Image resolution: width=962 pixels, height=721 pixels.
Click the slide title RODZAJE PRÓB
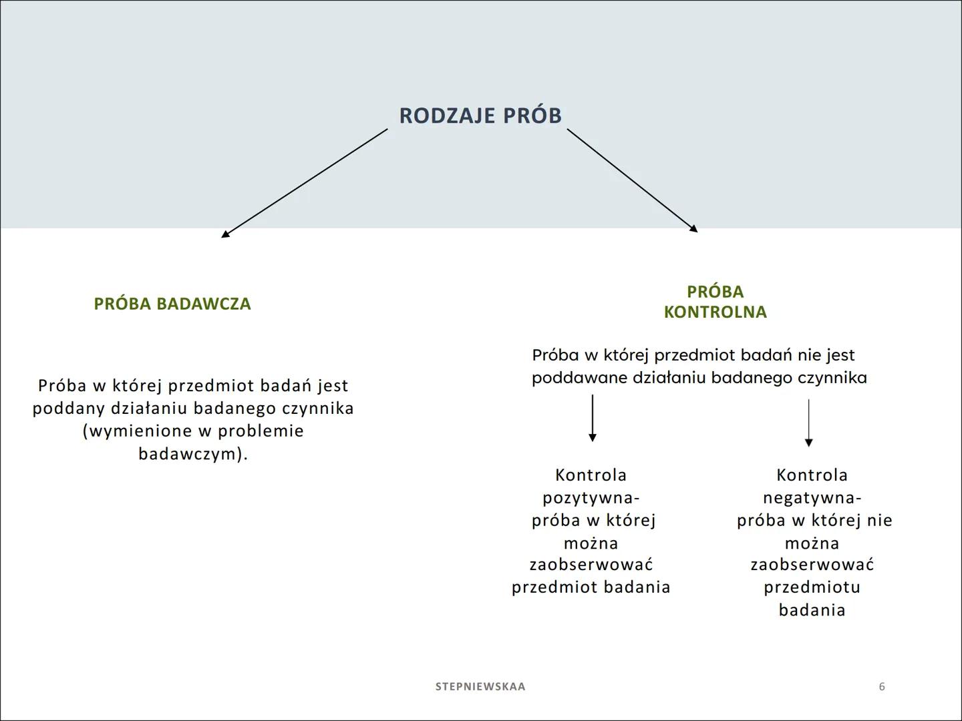tap(480, 115)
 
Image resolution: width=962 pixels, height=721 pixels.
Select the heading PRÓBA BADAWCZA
tap(172, 304)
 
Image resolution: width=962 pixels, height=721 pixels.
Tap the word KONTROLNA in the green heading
tap(715, 312)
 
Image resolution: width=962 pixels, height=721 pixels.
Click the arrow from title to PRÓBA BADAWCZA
tap(305, 183)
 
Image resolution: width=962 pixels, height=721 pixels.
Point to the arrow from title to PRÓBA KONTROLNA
tap(632, 180)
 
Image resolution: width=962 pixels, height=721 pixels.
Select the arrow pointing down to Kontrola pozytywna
tap(592, 418)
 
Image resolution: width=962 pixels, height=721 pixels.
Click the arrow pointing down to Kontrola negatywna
tap(808, 423)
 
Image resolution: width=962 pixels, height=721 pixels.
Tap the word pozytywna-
tap(591, 498)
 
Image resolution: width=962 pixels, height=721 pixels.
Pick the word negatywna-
tap(812, 498)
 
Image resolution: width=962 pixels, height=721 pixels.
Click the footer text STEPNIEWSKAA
tap(480, 686)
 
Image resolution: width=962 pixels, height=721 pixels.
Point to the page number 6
tap(882, 686)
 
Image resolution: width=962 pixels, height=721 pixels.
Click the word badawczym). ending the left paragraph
tap(193, 454)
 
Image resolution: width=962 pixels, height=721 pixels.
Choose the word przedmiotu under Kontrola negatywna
tap(812, 587)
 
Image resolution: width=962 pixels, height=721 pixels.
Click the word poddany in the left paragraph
tap(69, 409)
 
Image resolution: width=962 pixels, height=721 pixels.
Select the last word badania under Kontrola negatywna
tap(812, 610)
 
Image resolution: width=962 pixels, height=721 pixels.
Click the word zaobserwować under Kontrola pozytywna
tap(591, 565)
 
